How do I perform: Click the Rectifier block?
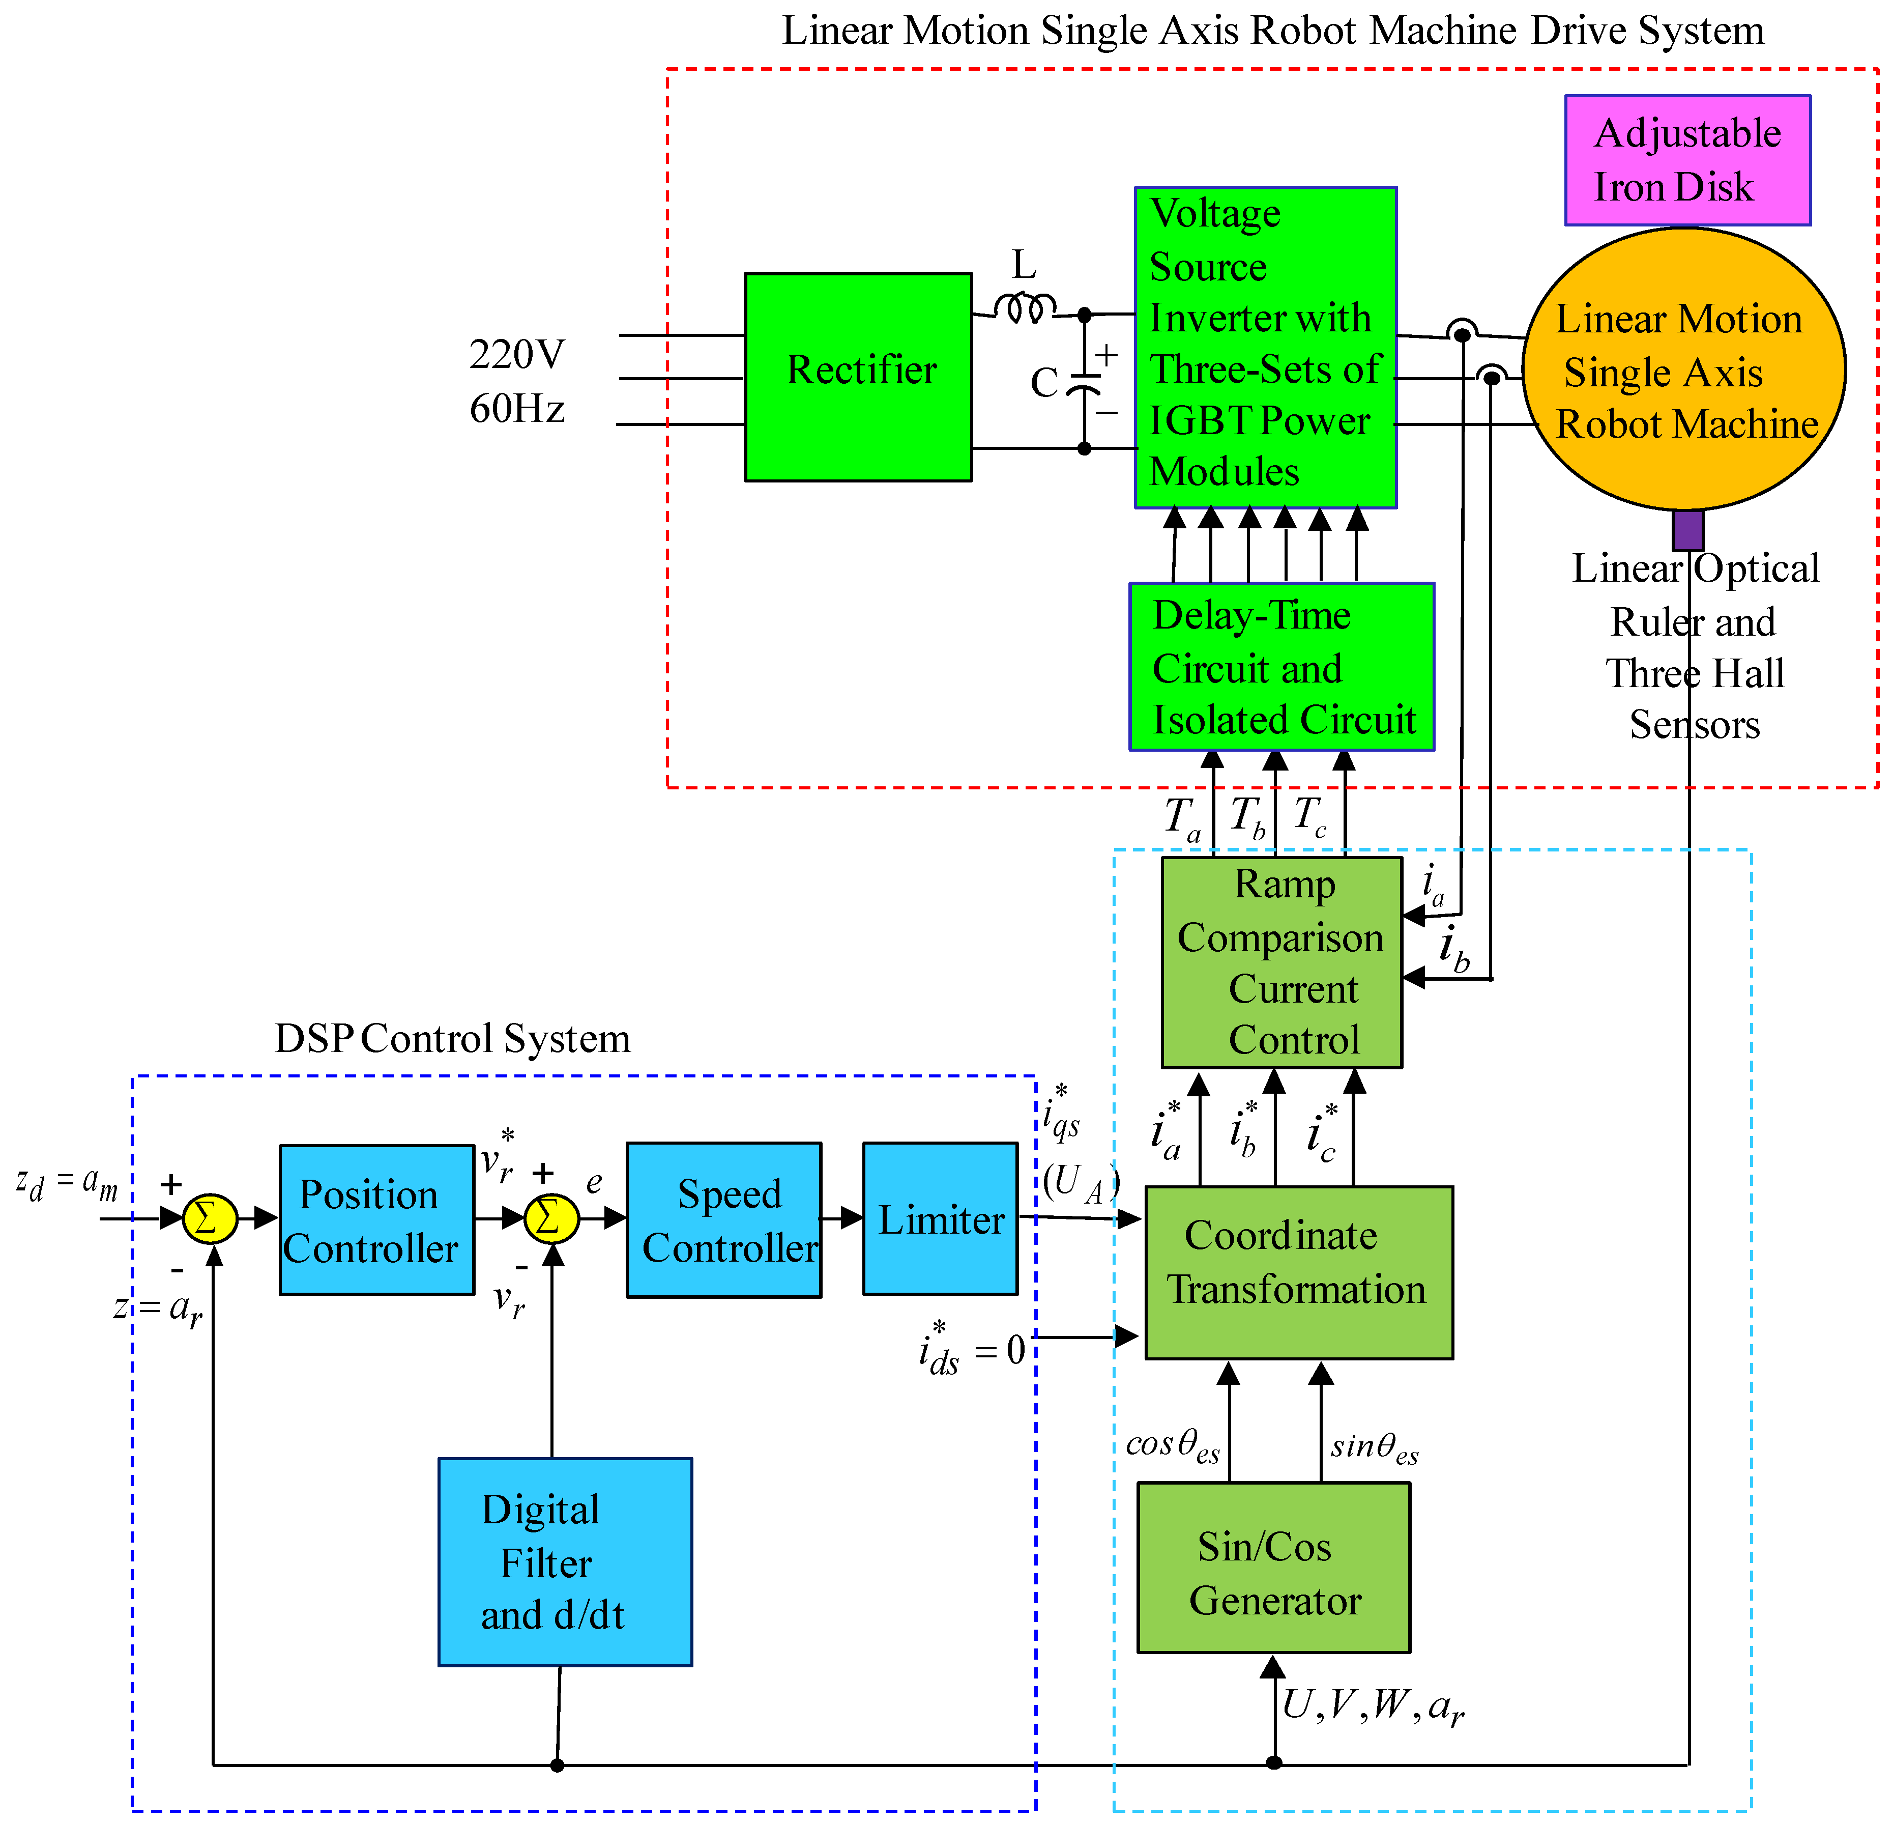(x=858, y=377)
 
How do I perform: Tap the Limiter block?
(x=940, y=1218)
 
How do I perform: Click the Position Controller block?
(x=376, y=1219)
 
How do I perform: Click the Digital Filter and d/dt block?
(x=565, y=1561)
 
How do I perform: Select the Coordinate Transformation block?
(x=1298, y=1272)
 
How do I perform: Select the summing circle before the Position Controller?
(x=210, y=1218)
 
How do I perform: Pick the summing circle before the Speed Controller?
(x=551, y=1218)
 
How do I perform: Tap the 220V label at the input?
(x=517, y=355)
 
